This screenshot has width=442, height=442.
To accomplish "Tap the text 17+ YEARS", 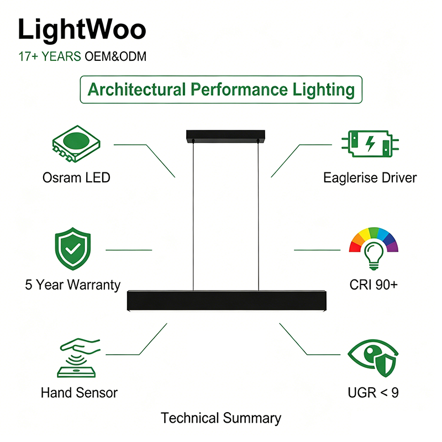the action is point(50,56).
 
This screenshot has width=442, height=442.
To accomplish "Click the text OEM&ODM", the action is point(115,56).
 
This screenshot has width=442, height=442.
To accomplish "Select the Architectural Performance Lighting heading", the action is point(221,90).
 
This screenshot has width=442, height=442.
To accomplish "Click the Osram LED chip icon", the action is point(76,144).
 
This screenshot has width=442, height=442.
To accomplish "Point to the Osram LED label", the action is point(76,177).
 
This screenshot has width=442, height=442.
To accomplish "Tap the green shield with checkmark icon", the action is point(73,249).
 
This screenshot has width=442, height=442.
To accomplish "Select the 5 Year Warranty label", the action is point(73,285).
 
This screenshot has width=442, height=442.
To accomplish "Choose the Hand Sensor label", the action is point(79,393).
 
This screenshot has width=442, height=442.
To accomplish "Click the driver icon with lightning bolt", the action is point(370,144).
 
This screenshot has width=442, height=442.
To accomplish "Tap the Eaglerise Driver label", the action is point(370,177).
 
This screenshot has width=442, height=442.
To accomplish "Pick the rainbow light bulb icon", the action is point(373,249).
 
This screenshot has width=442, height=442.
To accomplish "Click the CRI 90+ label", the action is point(373,285).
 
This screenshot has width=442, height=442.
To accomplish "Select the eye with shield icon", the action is point(373,358).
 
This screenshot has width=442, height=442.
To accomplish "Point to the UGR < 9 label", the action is point(373,393).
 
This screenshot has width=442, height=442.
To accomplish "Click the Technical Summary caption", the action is point(221,418).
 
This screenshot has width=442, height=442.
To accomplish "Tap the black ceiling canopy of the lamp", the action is point(225,136).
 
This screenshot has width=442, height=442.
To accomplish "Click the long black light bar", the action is point(227,301).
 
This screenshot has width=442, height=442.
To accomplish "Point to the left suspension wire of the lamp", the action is point(193,215).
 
